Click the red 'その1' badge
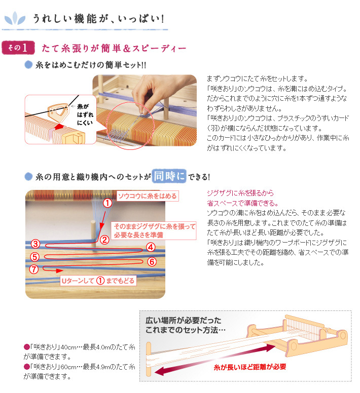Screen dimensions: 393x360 18,48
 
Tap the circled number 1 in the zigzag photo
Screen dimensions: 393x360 107,203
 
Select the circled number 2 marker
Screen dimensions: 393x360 104,240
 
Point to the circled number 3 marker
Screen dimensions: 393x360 35,244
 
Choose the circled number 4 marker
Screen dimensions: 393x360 150,247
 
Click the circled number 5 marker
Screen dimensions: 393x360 34,256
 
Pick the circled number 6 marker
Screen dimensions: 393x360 151,261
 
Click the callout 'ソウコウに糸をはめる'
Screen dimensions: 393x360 147,195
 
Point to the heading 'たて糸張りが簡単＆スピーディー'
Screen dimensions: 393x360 114,49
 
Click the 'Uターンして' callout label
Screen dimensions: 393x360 77,281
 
